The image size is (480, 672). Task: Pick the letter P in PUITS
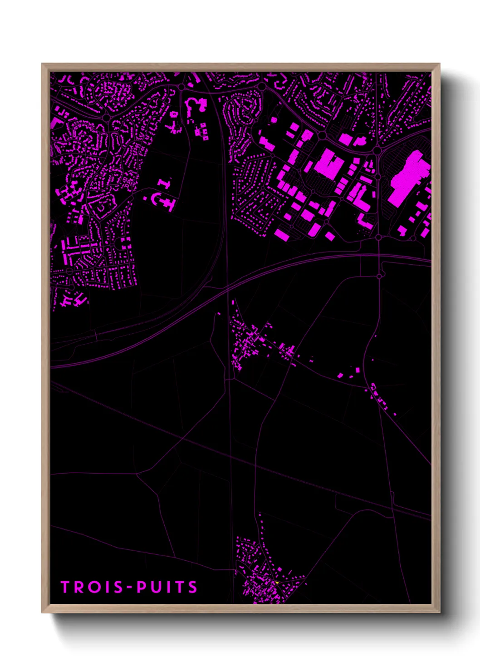142,587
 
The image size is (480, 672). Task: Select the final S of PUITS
193,587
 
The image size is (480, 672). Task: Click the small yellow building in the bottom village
276,582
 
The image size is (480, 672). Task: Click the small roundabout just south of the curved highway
380,275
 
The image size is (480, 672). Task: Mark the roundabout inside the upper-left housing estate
107,118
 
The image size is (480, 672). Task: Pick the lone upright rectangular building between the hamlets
358,371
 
